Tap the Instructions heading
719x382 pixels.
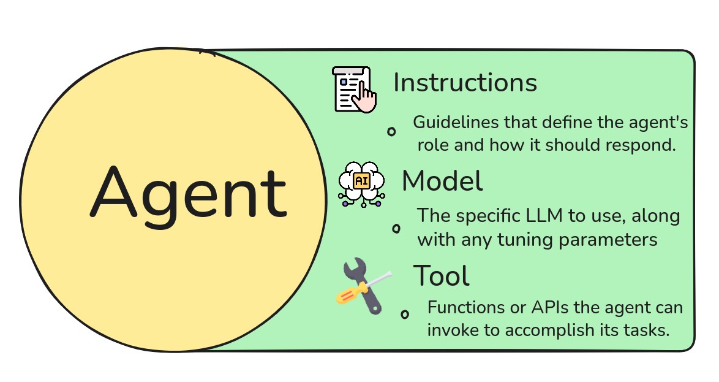coord(465,82)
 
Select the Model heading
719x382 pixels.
coord(442,180)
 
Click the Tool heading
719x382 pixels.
coord(441,276)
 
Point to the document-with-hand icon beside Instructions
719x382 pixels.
coord(354,90)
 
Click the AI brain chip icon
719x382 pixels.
coord(361,182)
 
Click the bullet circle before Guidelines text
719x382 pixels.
coord(391,131)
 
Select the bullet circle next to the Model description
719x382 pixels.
coord(396,229)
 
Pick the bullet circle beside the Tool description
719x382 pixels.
coord(405,315)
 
